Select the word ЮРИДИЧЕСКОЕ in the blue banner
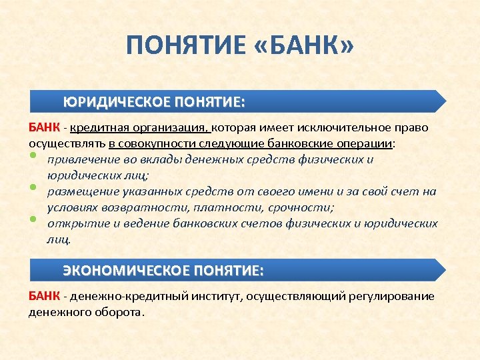pyautogui.click(x=116, y=102)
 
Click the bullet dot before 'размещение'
pyautogui.click(x=32, y=189)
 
